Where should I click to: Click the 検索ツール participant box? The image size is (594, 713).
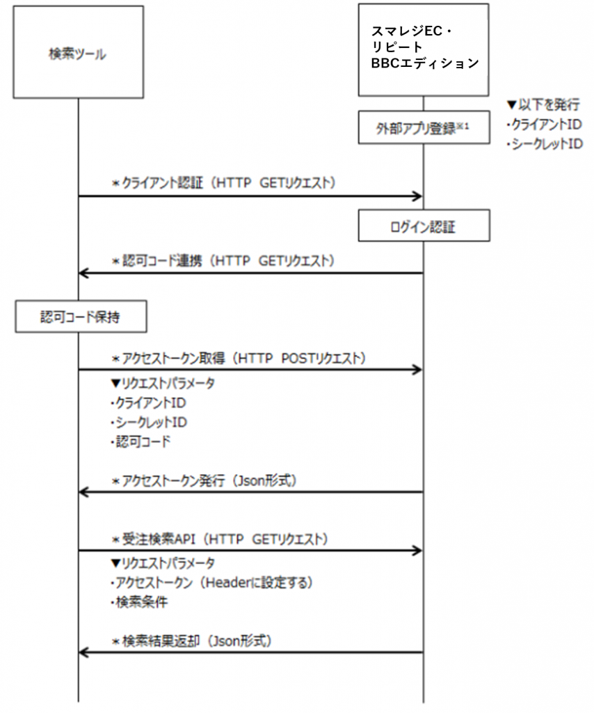point(78,52)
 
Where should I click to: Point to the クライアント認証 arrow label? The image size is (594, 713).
point(224,183)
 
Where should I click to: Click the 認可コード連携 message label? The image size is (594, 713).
point(224,260)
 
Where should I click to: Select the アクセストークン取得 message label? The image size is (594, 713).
point(238,358)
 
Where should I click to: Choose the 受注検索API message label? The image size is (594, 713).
point(220,538)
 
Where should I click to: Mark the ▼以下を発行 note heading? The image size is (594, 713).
point(543,106)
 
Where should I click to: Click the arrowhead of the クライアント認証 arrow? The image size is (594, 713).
point(417,196)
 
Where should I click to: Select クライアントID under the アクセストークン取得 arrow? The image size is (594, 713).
point(147,402)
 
